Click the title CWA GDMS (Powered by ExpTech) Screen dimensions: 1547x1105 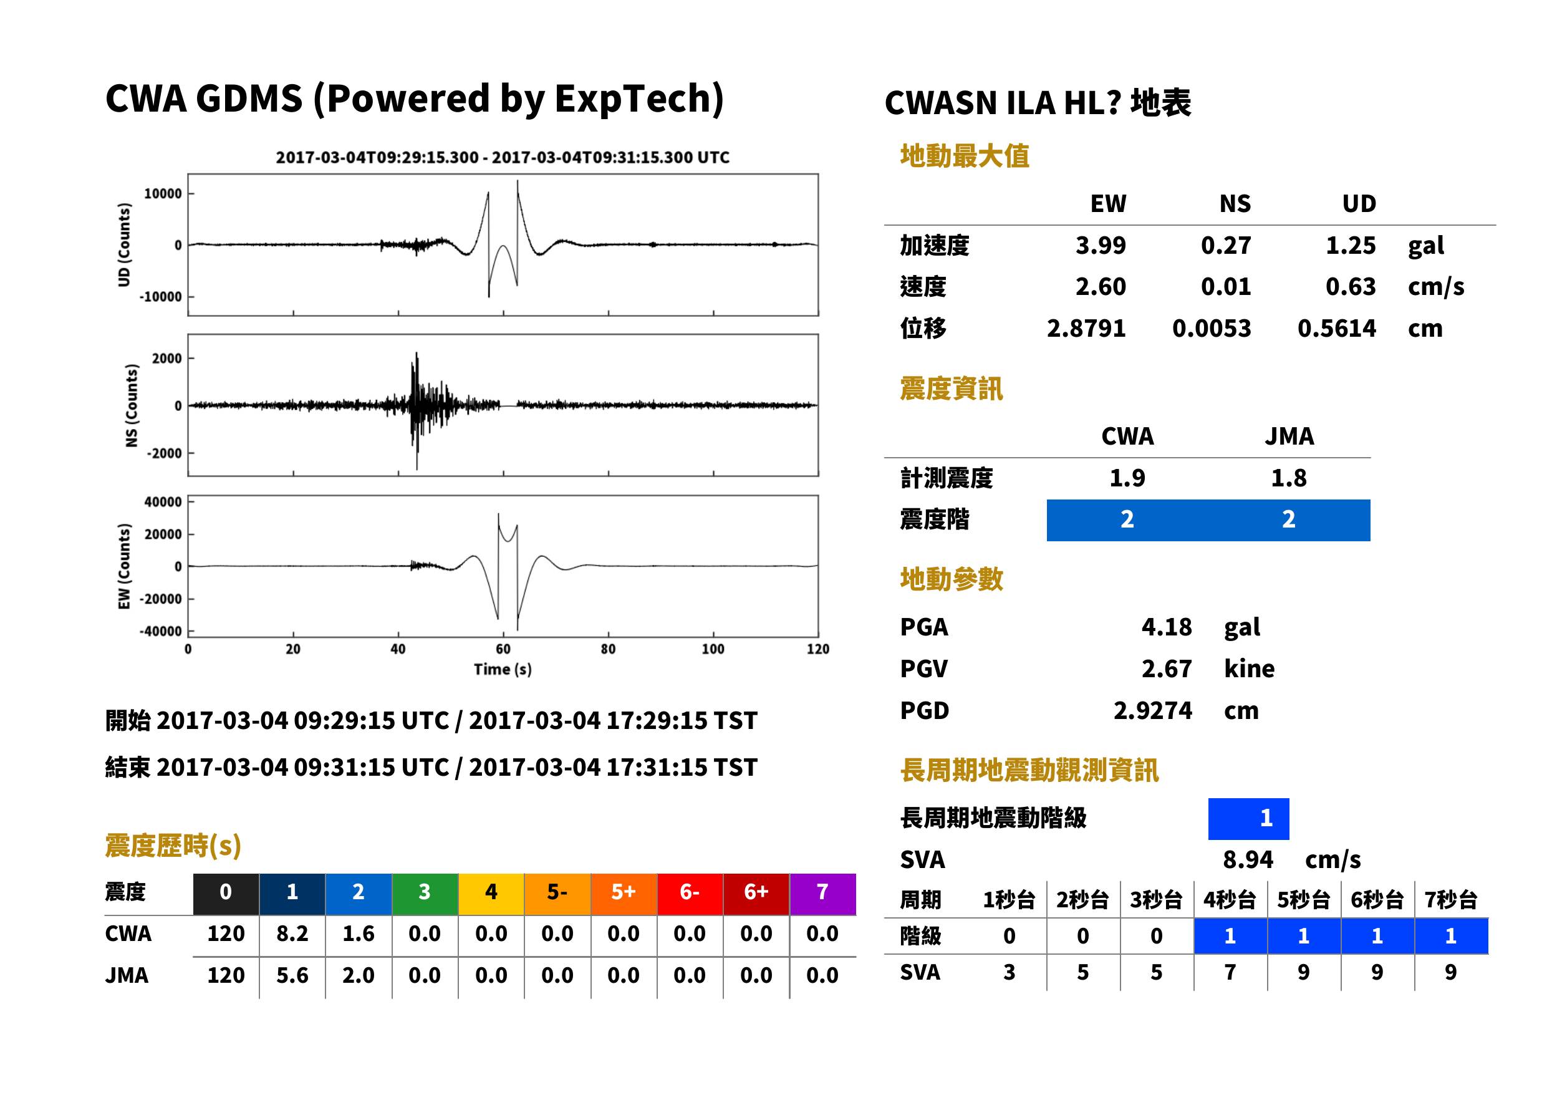click(414, 99)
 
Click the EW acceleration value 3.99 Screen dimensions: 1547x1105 click(1100, 245)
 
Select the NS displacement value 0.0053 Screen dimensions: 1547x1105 click(1211, 329)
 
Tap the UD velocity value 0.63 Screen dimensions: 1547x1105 click(1351, 286)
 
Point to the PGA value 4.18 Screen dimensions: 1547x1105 click(1166, 627)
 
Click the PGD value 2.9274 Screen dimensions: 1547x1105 click(1152, 710)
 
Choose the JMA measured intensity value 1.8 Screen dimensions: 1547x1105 click(1288, 478)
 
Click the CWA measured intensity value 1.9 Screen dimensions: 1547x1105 click(1127, 478)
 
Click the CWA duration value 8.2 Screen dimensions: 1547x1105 click(292, 934)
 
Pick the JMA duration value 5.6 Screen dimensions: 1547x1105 click(292, 975)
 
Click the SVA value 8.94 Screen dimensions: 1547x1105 click(1248, 860)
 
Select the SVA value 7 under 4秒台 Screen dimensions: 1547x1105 click(1230, 972)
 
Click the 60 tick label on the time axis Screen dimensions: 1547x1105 click(503, 649)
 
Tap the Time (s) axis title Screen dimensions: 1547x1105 click(503, 670)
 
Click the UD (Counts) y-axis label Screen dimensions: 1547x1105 click(124, 245)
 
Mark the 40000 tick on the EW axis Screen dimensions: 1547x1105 click(163, 502)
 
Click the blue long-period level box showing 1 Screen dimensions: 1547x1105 click(1248, 819)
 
